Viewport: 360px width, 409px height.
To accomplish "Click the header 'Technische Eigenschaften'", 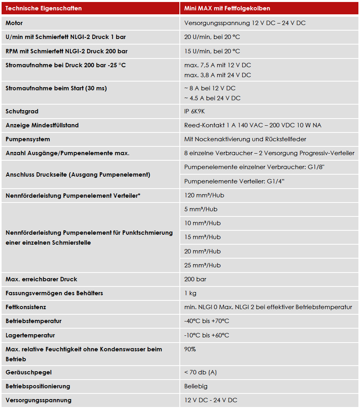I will [44, 8].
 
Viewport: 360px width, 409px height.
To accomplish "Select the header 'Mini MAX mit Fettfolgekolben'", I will [227, 8].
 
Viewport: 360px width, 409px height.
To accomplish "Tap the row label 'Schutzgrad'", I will [22, 111].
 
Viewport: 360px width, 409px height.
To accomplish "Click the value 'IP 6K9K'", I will [195, 111].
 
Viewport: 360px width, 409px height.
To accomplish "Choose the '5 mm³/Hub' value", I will [201, 209].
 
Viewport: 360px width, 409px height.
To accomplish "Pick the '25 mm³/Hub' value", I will [202, 265].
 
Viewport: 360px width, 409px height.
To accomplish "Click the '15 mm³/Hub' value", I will [202, 237].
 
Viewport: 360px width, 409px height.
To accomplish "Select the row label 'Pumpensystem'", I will [28, 139].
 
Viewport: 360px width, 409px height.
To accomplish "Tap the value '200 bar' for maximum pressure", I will [195, 279].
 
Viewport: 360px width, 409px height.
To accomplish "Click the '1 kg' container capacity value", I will [190, 293].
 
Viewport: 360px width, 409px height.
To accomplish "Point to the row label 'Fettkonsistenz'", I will [26, 307].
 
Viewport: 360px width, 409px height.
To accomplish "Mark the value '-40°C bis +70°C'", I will [206, 321].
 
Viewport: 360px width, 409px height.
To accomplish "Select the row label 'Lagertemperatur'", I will [30, 335].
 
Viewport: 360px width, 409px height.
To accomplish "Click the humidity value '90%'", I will [190, 349].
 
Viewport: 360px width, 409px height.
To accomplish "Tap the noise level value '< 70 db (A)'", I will [200, 372].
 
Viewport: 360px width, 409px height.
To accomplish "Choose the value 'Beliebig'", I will [196, 386].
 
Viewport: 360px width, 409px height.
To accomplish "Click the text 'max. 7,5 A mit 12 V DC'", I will [218, 65].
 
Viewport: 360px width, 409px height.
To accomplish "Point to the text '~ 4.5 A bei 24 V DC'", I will [212, 98].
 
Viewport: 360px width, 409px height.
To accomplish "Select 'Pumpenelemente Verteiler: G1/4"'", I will [234, 181].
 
